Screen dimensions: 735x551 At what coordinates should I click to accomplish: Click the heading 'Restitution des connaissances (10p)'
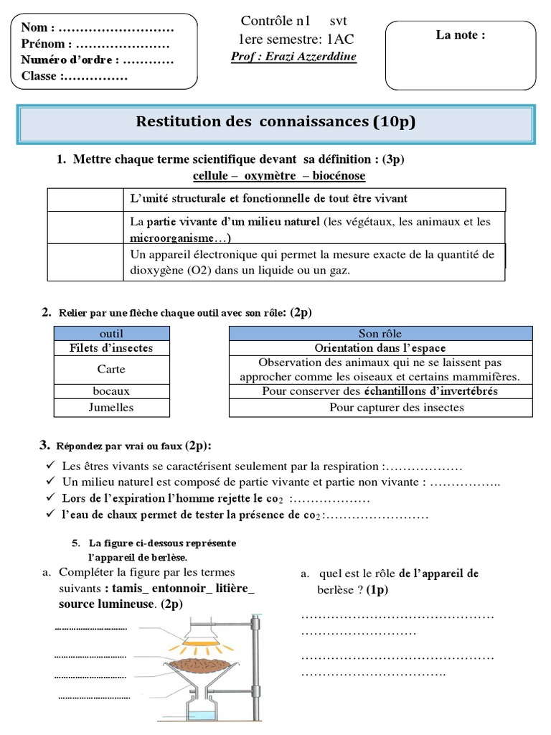point(275,123)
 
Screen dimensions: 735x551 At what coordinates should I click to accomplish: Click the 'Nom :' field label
point(38,29)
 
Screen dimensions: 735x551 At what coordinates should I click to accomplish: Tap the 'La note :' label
point(461,35)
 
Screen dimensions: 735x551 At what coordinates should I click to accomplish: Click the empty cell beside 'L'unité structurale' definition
point(85,199)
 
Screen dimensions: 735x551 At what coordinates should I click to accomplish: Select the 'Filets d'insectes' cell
point(111,348)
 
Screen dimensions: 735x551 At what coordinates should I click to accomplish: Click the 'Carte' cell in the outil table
point(111,370)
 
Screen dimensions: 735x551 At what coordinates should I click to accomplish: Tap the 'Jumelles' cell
point(111,408)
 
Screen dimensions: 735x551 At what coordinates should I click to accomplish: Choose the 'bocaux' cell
point(111,392)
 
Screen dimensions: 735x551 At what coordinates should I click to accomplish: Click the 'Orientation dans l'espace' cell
point(380,348)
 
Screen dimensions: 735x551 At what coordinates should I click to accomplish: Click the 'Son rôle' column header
point(380,333)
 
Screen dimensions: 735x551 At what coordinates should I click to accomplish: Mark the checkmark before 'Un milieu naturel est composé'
point(50,481)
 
